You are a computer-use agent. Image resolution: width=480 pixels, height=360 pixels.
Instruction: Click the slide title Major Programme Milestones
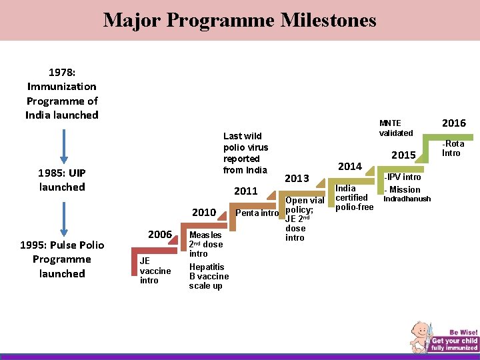pyautogui.click(x=239, y=20)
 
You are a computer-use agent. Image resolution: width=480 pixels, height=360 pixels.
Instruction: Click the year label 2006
pyautogui.click(x=160, y=235)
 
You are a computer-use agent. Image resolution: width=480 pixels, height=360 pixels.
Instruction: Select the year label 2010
pyautogui.click(x=204, y=213)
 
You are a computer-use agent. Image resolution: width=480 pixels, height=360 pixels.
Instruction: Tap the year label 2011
pyautogui.click(x=246, y=191)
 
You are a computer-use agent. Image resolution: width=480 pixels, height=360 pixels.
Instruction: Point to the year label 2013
pyautogui.click(x=297, y=178)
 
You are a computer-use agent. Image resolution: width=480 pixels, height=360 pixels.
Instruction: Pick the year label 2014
pyautogui.click(x=349, y=166)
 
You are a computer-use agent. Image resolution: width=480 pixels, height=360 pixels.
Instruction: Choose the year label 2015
pyautogui.click(x=404, y=155)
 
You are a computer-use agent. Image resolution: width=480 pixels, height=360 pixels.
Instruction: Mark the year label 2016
pyautogui.click(x=453, y=123)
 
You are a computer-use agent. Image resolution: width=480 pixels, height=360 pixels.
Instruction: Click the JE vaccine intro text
pyautogui.click(x=155, y=271)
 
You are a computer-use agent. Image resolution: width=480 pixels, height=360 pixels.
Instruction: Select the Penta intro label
pyautogui.click(x=257, y=213)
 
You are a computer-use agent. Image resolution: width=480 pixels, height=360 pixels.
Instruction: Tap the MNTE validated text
pyautogui.click(x=395, y=128)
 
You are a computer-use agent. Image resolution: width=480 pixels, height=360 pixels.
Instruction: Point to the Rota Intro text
pyautogui.click(x=454, y=148)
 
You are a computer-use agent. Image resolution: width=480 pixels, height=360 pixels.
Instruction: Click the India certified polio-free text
pyautogui.click(x=354, y=198)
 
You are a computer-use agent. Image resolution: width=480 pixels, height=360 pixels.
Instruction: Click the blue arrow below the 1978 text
pyautogui.click(x=63, y=145)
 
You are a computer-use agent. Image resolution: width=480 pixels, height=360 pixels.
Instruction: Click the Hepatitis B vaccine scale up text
pyautogui.click(x=209, y=276)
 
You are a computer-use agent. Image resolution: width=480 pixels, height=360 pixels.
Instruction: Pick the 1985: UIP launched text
pyautogui.click(x=62, y=180)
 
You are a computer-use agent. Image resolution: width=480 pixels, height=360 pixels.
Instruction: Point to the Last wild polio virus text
pyautogui.click(x=245, y=153)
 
